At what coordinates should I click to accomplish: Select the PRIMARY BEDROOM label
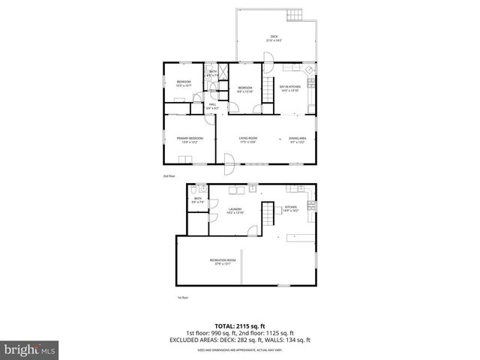click(x=190, y=139)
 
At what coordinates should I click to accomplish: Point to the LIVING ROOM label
click(x=248, y=139)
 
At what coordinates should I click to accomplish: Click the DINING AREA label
click(x=298, y=139)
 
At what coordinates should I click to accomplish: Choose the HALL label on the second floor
click(x=212, y=106)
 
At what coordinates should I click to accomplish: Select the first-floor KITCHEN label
click(x=290, y=209)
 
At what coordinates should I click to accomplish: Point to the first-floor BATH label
click(x=197, y=200)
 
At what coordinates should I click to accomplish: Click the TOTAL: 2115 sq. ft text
click(x=239, y=326)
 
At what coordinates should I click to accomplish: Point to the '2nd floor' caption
click(x=169, y=176)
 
